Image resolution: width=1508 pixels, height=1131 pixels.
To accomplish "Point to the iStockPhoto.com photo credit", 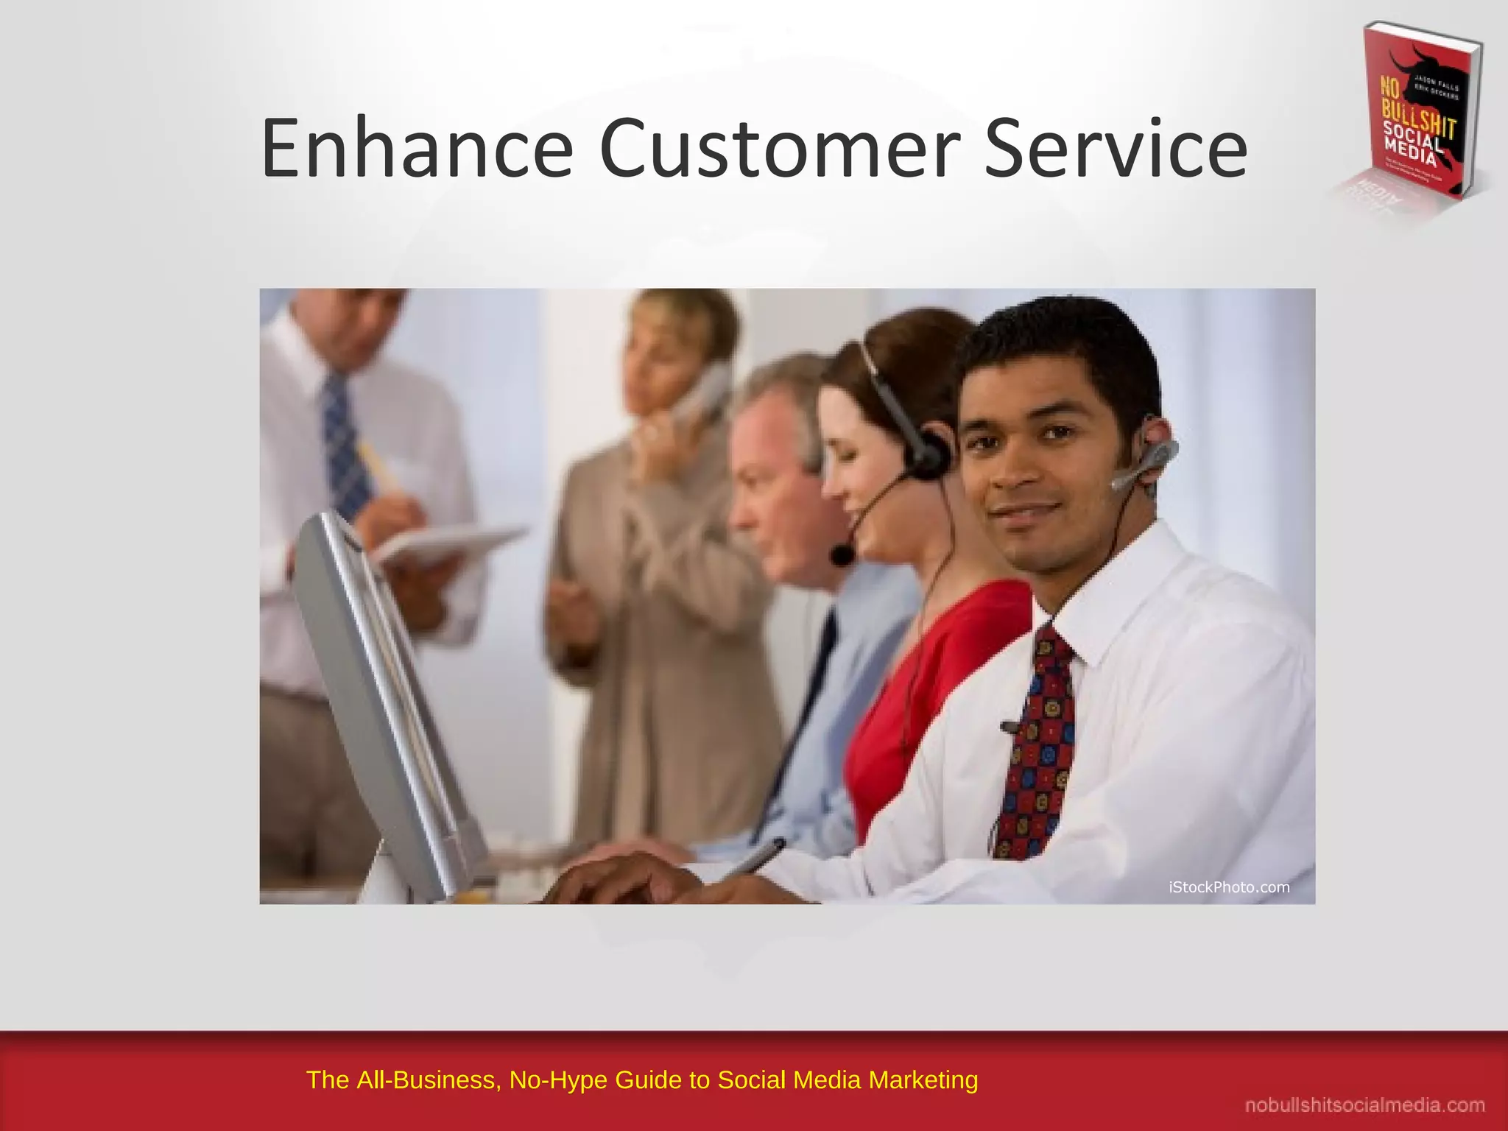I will [x=1229, y=887].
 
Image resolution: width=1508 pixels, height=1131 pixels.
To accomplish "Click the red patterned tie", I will [x=1037, y=744].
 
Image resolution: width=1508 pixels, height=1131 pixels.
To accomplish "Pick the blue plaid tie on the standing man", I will [x=346, y=442].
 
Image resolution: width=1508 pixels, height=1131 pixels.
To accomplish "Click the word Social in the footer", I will [x=751, y=1079].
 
